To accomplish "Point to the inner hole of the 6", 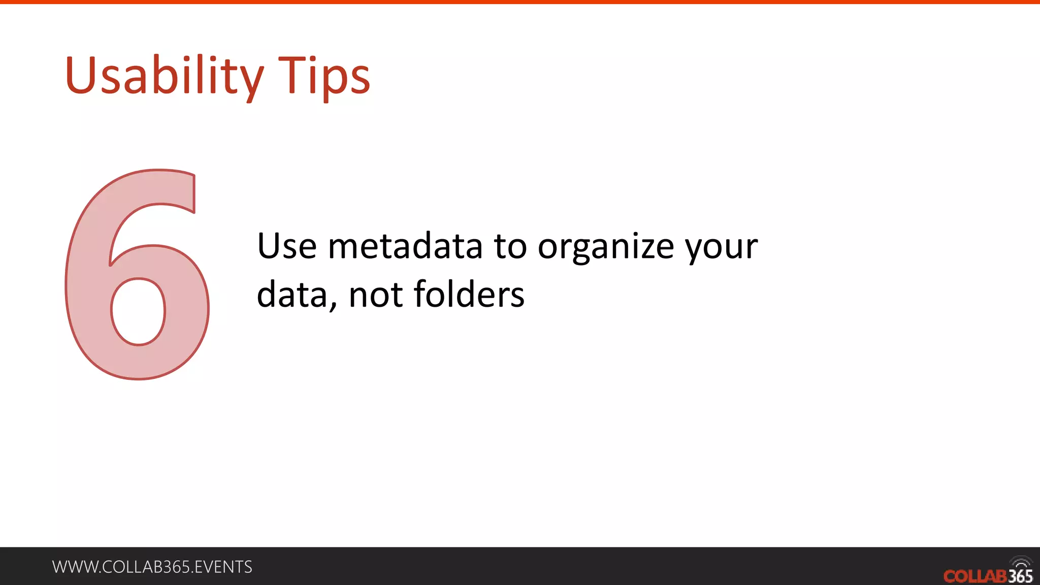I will (138, 311).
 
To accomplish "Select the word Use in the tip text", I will (287, 246).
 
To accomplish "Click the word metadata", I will (405, 246).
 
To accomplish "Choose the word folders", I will (469, 295).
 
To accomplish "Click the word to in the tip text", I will (511, 246).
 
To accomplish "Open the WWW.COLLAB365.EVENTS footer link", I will (152, 567).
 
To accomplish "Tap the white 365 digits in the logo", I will (1021, 576).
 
